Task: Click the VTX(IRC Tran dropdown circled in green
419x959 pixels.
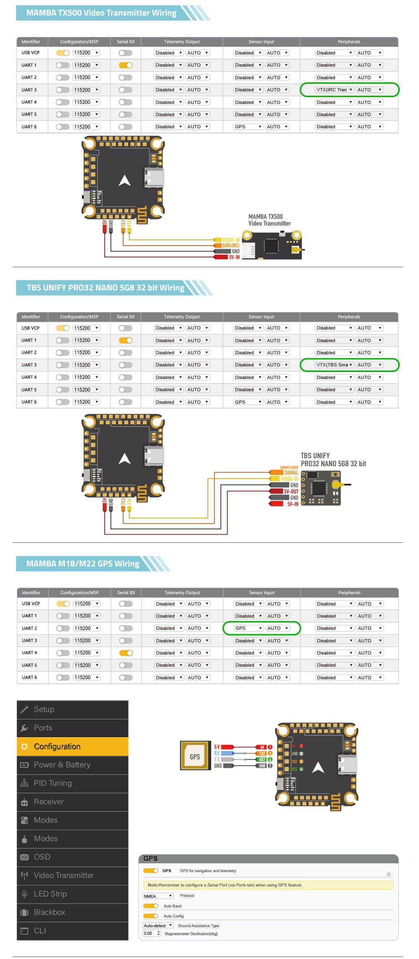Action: point(334,90)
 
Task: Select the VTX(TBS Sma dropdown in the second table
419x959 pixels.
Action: point(334,365)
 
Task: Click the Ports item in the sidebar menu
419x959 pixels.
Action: point(43,728)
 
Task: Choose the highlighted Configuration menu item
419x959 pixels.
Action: point(57,746)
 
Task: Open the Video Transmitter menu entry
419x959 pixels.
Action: point(64,876)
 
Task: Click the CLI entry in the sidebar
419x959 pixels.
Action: point(40,931)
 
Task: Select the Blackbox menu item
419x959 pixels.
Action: point(49,912)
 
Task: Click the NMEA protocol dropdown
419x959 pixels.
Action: point(158,896)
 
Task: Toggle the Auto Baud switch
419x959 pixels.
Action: point(150,906)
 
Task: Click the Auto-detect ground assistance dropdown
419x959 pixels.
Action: point(158,925)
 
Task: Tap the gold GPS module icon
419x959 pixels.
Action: point(195,755)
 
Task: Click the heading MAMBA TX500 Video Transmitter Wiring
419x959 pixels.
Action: point(101,13)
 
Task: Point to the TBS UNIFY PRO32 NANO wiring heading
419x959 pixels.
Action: point(105,288)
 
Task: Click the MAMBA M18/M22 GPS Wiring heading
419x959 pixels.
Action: point(83,564)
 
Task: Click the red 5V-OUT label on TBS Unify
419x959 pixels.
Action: point(291,491)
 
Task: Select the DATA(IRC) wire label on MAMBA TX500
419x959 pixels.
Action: point(230,246)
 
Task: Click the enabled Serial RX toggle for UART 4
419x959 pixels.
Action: point(126,653)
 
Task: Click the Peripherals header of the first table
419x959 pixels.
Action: point(349,42)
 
